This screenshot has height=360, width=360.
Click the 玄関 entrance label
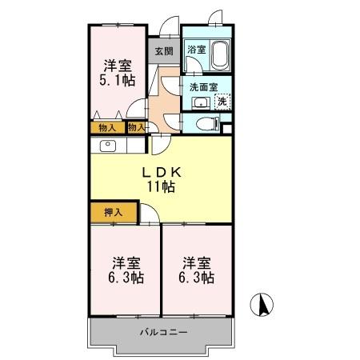click(163, 50)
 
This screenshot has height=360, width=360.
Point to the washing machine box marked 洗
click(222, 101)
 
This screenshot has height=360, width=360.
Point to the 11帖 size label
click(160, 187)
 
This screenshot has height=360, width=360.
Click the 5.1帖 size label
click(117, 80)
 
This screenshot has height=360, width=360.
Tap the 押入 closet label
click(114, 212)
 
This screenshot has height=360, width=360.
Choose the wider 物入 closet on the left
click(106, 126)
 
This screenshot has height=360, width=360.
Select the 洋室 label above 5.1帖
click(117, 65)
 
